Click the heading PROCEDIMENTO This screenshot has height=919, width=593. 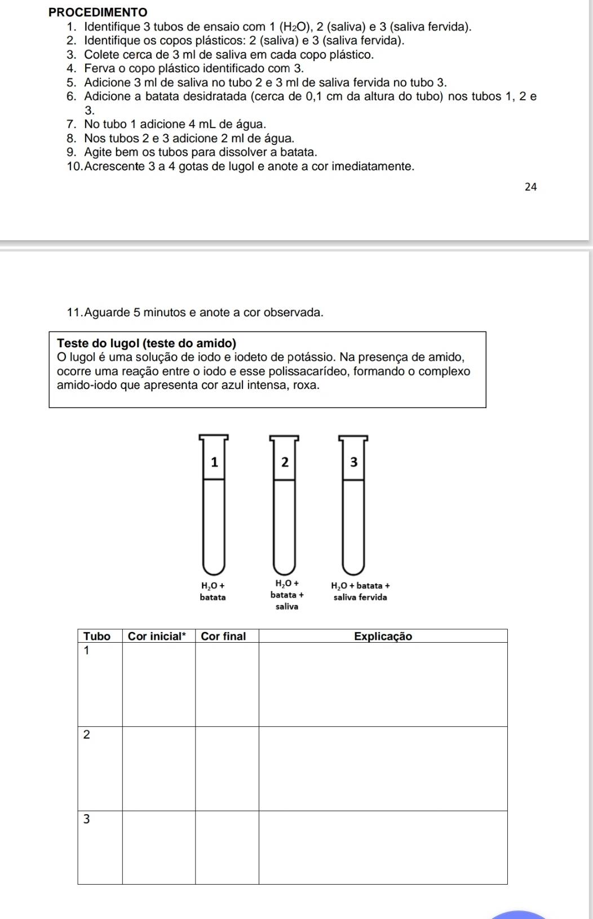coord(98,12)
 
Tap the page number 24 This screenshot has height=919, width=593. coord(530,187)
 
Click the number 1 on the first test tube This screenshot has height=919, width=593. coord(214,462)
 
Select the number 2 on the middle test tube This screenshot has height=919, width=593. coord(285,462)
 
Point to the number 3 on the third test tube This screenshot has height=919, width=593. coord(353,462)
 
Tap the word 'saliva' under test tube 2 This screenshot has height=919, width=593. coord(287,607)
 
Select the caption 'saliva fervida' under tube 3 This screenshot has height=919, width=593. coord(360,598)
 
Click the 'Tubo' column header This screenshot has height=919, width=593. coord(97,636)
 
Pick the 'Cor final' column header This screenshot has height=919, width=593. coord(223,636)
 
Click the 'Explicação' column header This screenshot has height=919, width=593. coord(383,636)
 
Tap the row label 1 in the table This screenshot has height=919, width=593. coord(87,651)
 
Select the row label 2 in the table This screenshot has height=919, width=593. coord(87,735)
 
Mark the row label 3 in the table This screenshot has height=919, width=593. coord(87,819)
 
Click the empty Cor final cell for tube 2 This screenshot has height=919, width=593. coord(227,768)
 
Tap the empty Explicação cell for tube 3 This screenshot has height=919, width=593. coord(383,847)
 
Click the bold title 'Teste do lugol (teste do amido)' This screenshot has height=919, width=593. coord(147,343)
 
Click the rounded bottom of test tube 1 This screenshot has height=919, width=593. coord(214,564)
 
